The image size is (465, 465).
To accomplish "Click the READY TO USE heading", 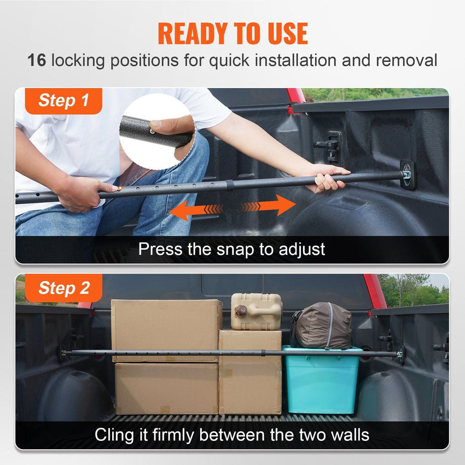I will (233, 33).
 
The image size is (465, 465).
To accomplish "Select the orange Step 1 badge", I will (63, 101).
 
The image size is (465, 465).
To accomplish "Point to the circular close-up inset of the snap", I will (155, 132).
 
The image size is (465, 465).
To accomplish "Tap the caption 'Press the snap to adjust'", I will (231, 249).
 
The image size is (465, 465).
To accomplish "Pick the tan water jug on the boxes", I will (256, 311).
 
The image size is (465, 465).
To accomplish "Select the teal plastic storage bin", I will (321, 380).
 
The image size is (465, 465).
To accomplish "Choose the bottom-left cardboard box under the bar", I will (166, 388).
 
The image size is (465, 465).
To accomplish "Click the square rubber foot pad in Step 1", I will (407, 175).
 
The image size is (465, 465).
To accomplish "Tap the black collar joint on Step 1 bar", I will (229, 185).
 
